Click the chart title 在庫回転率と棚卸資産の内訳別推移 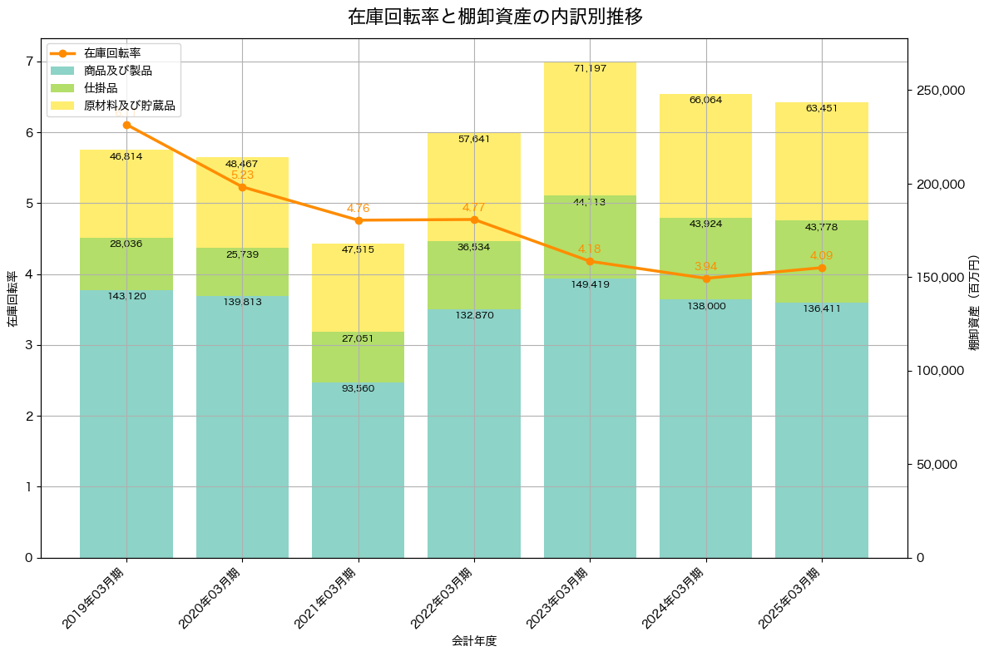tap(494, 17)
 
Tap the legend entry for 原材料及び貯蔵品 tap(131, 106)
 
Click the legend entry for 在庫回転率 tap(112, 53)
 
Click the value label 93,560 tap(358, 388)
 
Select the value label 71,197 tap(590, 68)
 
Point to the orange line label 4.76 tap(358, 208)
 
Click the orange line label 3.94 tap(705, 266)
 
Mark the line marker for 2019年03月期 tap(126, 125)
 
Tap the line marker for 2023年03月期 tap(590, 261)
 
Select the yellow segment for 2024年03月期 tap(705, 158)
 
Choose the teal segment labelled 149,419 tap(590, 416)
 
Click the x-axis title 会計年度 tap(474, 641)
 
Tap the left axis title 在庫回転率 tap(12, 298)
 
